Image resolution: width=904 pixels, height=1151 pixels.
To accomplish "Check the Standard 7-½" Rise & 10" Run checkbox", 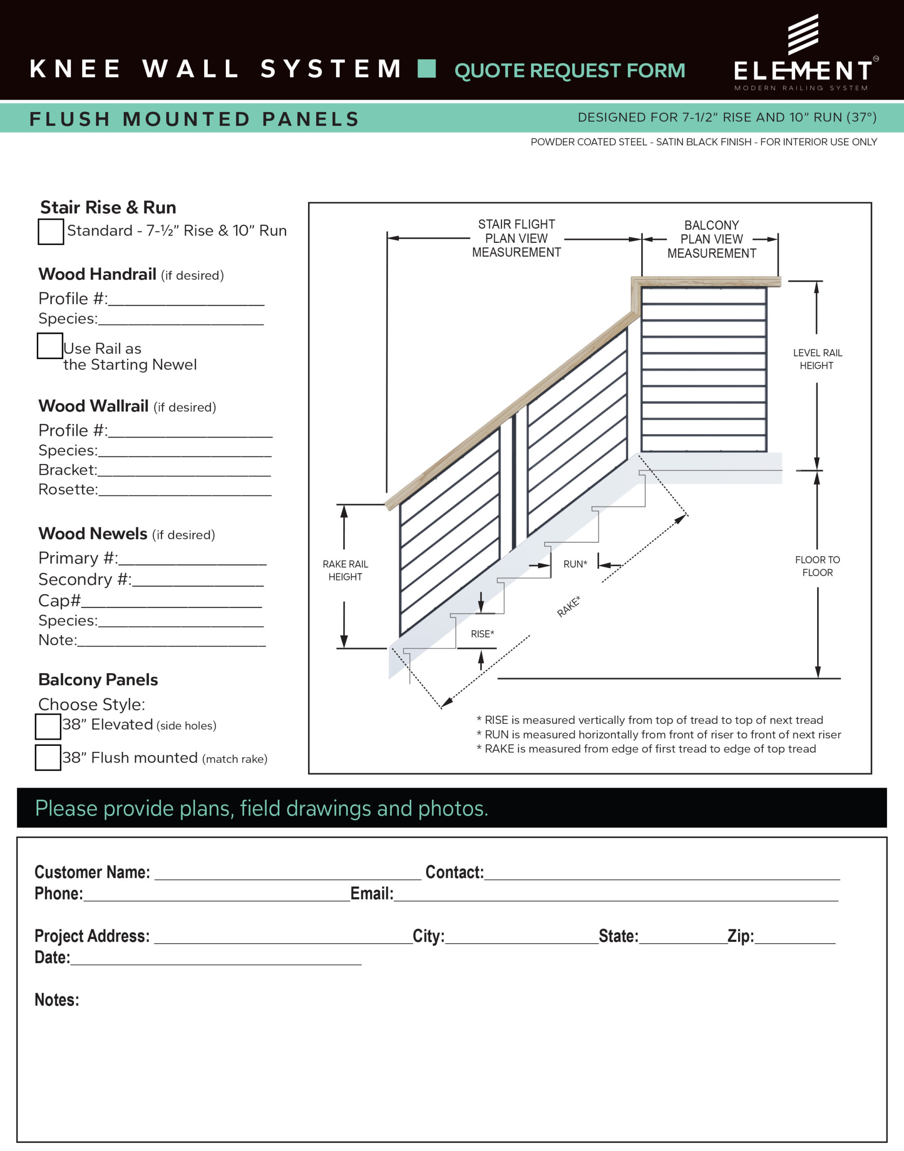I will click(51, 232).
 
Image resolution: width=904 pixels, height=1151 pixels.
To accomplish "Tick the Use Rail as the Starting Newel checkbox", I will click(50, 345).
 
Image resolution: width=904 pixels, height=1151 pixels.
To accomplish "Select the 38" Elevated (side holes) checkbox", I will click(48, 726).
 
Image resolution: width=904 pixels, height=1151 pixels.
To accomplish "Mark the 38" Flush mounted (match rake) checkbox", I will click(48, 758).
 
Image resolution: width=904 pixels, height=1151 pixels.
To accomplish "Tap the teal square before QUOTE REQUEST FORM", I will click(427, 69).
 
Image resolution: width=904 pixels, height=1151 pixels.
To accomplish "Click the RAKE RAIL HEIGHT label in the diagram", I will click(345, 570).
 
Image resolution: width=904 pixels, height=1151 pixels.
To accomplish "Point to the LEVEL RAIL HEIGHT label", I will click(817, 359).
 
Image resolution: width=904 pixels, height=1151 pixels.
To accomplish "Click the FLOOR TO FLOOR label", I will click(817, 566).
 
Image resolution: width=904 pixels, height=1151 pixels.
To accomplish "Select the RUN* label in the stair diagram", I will click(575, 564).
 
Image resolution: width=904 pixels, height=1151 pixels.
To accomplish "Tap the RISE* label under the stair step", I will click(482, 633).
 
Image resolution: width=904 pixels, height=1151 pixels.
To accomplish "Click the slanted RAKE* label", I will click(568, 607).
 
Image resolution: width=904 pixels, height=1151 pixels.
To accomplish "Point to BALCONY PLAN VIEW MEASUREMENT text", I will click(712, 239).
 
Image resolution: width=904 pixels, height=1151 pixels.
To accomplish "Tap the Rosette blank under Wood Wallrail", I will click(185, 491).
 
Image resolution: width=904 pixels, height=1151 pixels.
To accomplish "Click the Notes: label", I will click(57, 1000).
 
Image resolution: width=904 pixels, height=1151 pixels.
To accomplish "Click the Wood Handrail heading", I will click(98, 274).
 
